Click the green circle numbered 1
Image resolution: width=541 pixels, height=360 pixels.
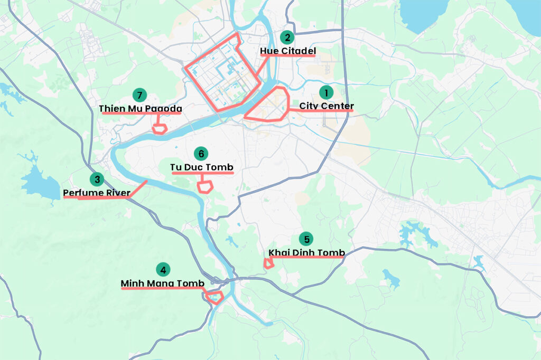tap(326, 92)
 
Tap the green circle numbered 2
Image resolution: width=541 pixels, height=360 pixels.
tap(287, 37)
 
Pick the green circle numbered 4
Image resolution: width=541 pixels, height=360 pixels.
tap(163, 270)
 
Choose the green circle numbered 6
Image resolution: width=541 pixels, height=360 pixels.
tap(201, 154)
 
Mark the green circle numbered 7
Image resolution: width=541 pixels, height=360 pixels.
tap(139, 95)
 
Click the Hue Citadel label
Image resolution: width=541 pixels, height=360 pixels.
tap(288, 51)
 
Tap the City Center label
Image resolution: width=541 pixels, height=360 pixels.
tap(327, 106)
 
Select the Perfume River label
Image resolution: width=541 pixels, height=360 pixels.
tap(96, 193)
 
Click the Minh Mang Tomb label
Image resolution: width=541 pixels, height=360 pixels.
tap(162, 283)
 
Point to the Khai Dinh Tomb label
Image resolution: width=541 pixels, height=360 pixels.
tap(306, 253)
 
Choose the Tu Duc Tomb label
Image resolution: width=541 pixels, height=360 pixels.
tap(201, 167)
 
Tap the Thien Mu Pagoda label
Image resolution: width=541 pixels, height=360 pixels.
tap(141, 109)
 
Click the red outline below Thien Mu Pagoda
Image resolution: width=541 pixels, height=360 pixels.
tap(159, 128)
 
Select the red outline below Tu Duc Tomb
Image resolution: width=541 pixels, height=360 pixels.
tap(204, 186)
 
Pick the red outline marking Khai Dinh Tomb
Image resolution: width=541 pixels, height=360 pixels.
tap(269, 263)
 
